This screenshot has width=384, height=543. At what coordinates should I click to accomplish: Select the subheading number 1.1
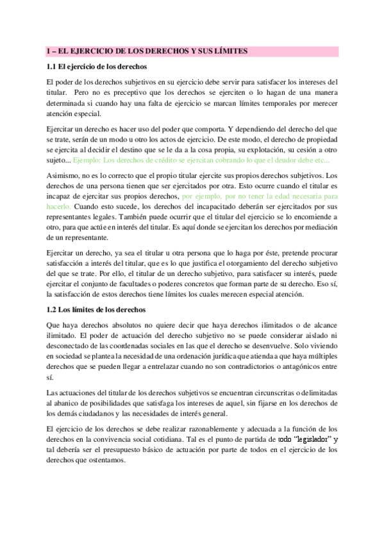[x=52, y=66]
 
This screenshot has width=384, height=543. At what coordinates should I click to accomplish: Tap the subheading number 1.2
[x=52, y=309]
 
